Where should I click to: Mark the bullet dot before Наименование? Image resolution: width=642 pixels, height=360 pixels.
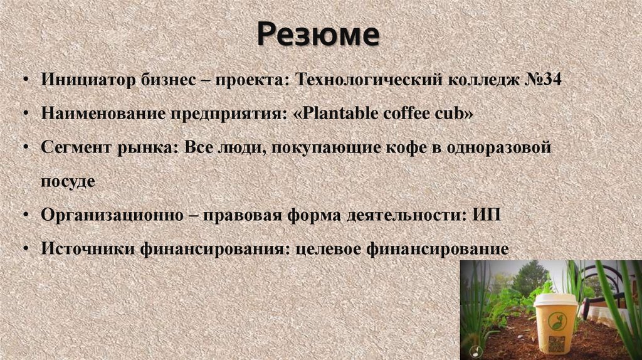(x=24, y=115)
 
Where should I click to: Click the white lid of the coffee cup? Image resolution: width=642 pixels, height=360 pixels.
(x=555, y=300)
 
